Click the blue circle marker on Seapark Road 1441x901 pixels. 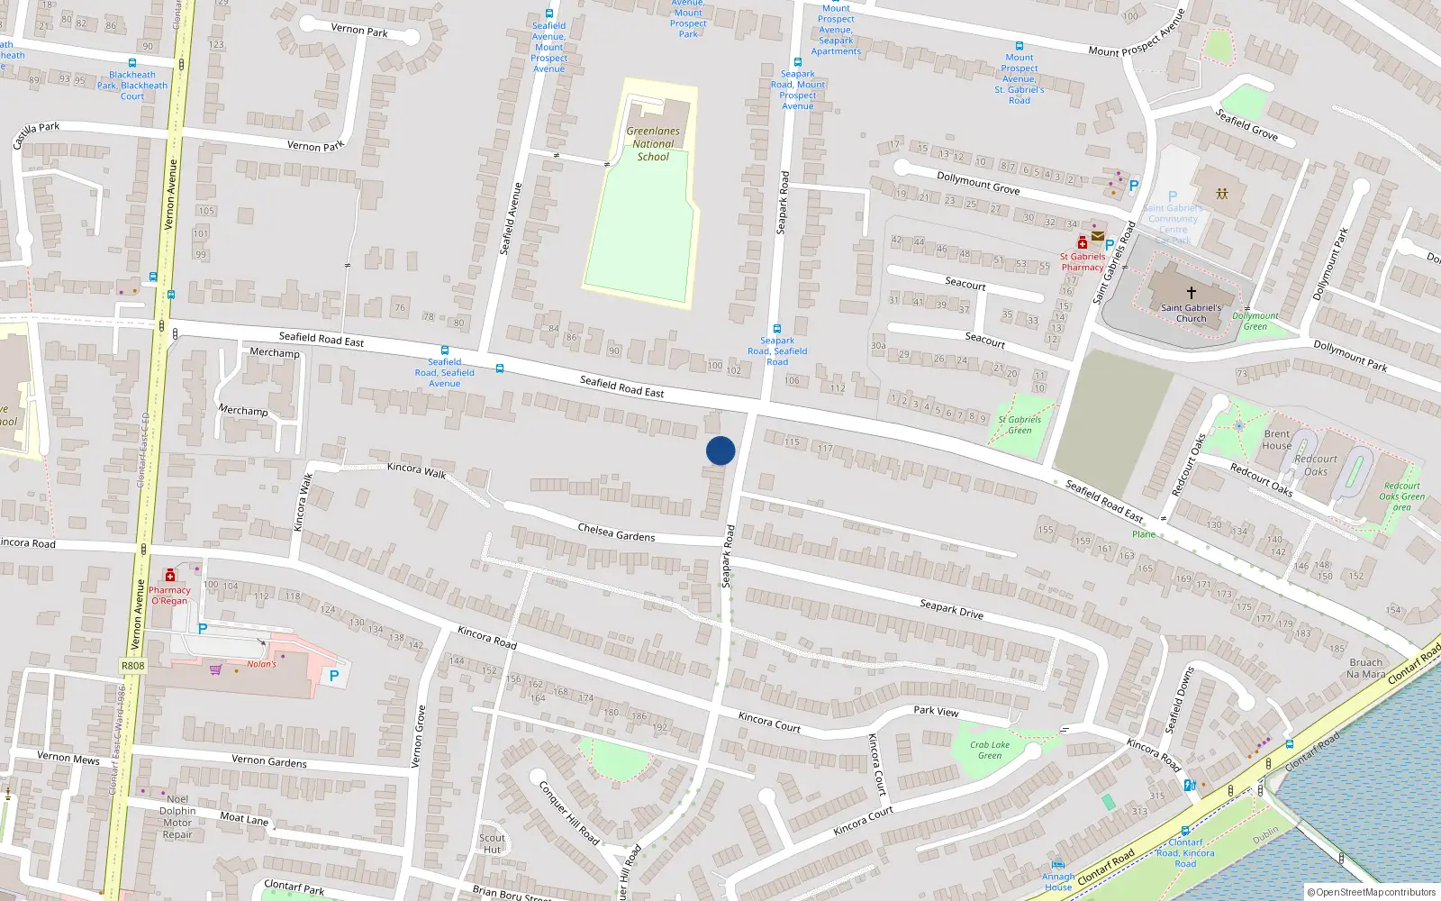point(720,450)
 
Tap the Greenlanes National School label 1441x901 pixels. point(653,144)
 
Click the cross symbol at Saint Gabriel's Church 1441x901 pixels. point(1191,293)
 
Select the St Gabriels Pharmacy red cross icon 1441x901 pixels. point(1083,243)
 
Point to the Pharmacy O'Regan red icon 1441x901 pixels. point(170,576)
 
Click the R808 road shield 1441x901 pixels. point(132,666)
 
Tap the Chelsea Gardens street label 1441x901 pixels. point(616,532)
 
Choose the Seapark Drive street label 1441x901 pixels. point(951,609)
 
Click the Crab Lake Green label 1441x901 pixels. point(990,750)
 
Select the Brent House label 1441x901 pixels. point(1276,440)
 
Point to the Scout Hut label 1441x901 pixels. point(492,843)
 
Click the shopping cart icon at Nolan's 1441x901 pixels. point(216,669)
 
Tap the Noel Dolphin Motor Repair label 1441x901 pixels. point(177,816)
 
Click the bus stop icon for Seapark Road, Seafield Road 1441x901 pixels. point(776,329)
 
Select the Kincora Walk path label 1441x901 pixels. point(416,470)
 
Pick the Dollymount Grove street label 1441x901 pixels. point(978,183)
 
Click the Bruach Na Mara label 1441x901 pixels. point(1365,668)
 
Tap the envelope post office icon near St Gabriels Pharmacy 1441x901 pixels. point(1098,236)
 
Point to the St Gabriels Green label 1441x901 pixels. point(1020,424)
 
